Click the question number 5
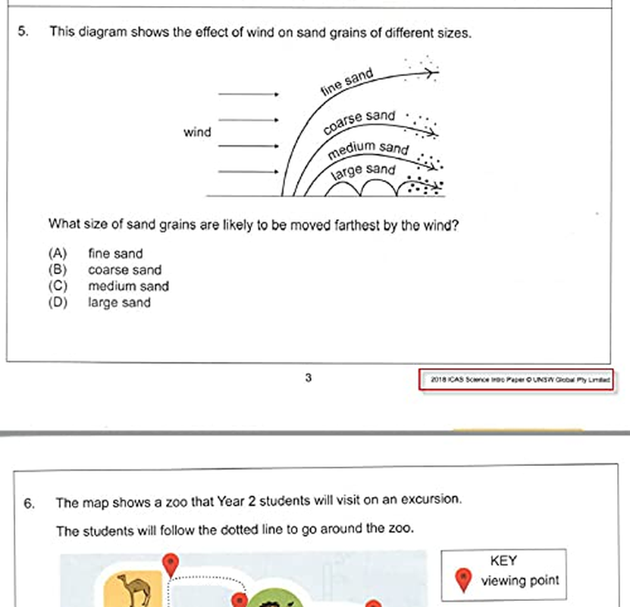(23, 32)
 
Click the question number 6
(29, 503)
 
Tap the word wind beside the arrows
(196, 133)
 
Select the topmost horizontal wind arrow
(249, 94)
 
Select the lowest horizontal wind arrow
(249, 172)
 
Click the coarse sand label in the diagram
(359, 121)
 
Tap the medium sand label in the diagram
(368, 149)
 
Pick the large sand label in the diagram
(364, 171)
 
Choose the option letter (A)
(58, 253)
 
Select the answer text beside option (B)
(124, 270)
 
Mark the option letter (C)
(58, 286)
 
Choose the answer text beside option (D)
(119, 303)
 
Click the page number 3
(308, 378)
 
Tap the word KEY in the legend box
(503, 561)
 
